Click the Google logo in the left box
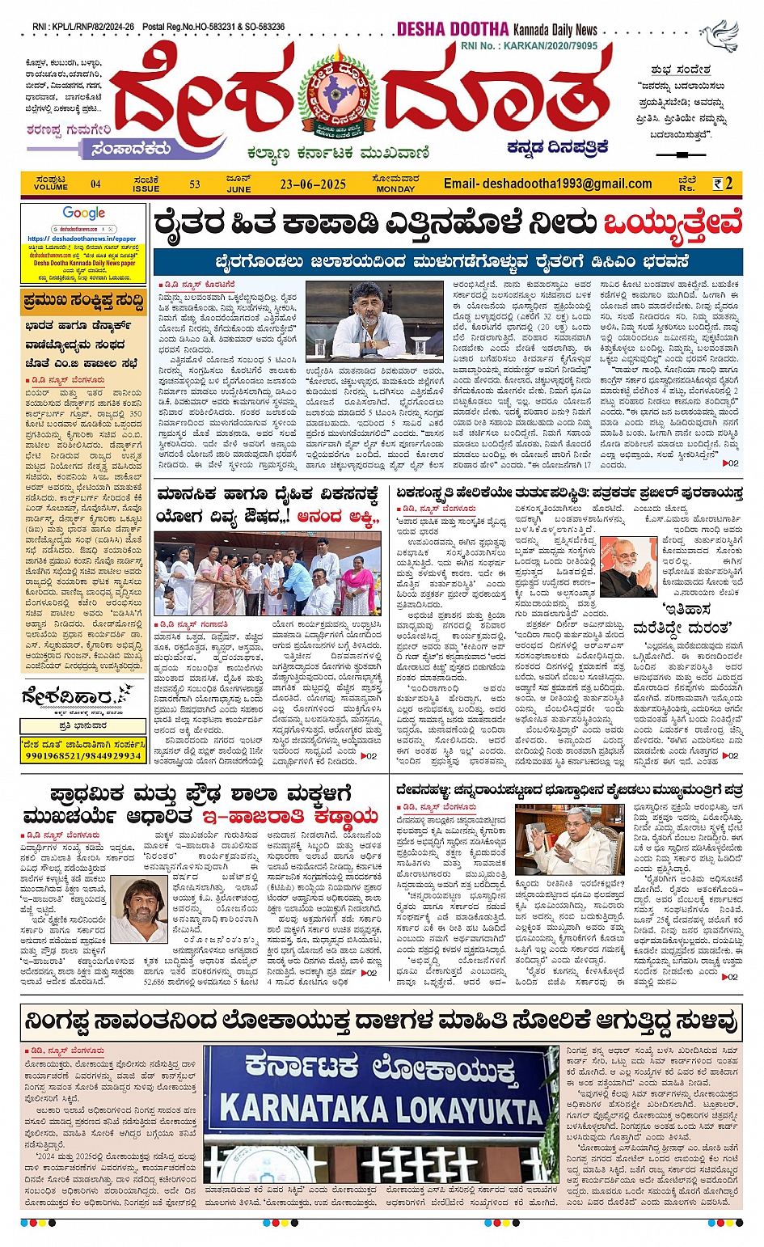point(84,213)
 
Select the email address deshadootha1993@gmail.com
point(547,184)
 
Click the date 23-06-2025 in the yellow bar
point(313,184)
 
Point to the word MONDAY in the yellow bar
point(395,189)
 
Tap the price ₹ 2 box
point(723,184)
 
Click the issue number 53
point(195,184)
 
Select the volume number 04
point(95,184)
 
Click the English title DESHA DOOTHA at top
point(452,29)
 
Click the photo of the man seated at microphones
point(374,320)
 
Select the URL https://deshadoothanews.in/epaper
point(82,239)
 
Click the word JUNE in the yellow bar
point(238,189)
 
